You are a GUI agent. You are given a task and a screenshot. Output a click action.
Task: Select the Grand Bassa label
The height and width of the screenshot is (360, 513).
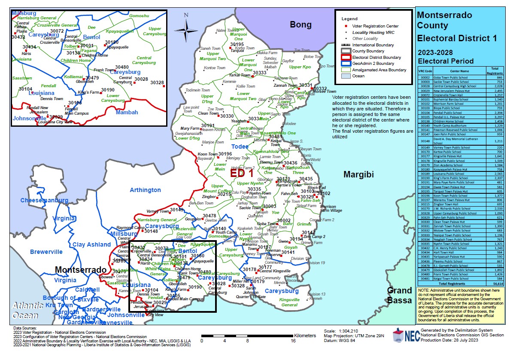click(399, 295)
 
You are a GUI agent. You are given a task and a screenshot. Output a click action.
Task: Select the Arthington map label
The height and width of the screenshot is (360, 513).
click(145, 190)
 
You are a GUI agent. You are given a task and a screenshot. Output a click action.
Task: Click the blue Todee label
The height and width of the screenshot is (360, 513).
click(240, 146)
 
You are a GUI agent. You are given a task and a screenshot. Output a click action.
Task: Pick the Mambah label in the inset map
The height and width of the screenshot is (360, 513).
click(127, 113)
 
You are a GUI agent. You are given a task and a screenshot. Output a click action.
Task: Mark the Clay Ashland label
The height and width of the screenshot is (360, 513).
click(91, 244)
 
